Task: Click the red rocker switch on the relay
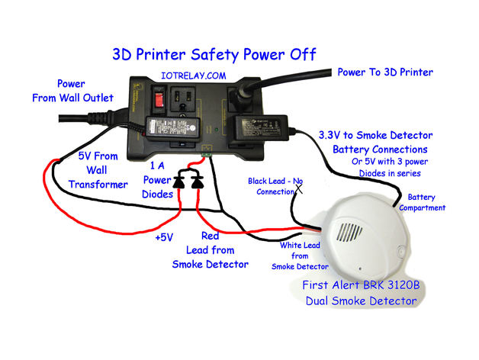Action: (x=160, y=99)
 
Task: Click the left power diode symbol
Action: (x=180, y=182)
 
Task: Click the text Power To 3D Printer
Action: (x=385, y=72)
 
